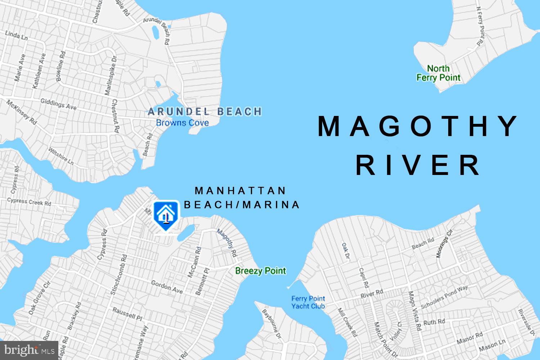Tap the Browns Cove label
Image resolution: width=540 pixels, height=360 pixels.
(182, 123)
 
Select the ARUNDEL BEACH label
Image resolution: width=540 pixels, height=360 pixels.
(204, 112)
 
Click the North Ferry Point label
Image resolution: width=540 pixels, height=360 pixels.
(438, 73)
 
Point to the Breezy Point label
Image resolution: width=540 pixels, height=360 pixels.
(260, 271)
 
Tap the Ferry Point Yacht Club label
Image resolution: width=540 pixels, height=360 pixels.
(308, 302)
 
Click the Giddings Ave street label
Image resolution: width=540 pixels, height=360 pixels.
(58, 104)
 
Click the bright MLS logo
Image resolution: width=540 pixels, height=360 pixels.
(29, 350)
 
